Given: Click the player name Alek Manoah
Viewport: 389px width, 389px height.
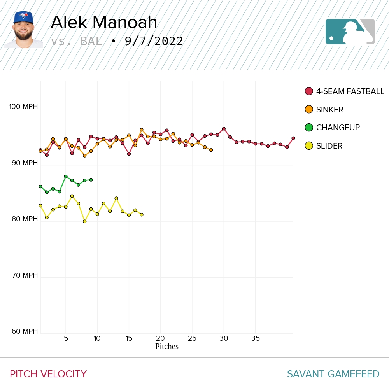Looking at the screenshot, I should tap(104, 23).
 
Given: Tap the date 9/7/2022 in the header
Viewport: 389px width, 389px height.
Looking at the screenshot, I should tap(154, 41).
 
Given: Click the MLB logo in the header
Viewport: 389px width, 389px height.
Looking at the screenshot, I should tap(350, 32).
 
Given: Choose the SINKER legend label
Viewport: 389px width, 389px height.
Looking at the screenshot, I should tap(329, 110).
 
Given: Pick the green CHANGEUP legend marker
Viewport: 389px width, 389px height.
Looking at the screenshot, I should tap(309, 128).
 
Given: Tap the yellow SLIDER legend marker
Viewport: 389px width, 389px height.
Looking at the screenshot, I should tap(309, 146).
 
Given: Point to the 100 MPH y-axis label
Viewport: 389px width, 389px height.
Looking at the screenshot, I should tap(24, 107).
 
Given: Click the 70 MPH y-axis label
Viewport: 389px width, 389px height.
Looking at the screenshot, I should tap(24, 275).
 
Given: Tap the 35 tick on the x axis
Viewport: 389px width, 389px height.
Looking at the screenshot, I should tap(255, 338).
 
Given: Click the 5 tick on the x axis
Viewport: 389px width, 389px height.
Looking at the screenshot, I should tap(66, 338).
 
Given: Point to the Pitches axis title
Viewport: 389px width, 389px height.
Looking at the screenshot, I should tap(166, 346).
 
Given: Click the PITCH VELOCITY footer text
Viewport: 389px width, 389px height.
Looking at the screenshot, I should tap(48, 374).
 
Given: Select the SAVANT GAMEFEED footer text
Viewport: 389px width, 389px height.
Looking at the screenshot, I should tap(333, 374).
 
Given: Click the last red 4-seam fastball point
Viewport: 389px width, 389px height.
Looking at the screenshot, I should tap(293, 138).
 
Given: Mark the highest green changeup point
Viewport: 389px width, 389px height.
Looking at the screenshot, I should tap(66, 177).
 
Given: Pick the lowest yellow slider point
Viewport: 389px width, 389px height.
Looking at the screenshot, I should tap(85, 221).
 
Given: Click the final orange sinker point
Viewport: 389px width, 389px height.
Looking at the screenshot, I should tap(211, 150).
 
